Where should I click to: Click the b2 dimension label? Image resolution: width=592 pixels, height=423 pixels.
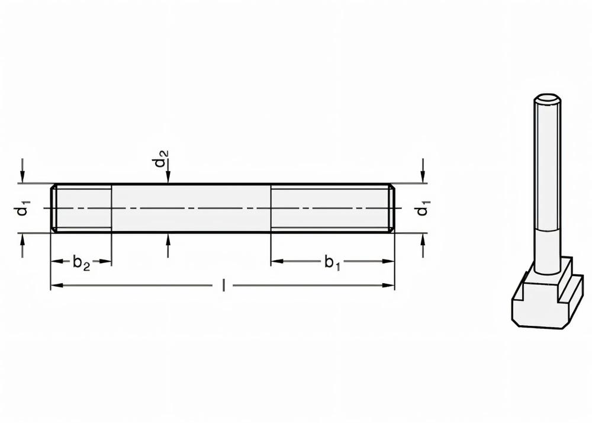coord(82,262)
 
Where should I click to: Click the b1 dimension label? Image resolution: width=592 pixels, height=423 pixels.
coord(333,262)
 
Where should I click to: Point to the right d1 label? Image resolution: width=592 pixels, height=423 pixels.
coord(423,209)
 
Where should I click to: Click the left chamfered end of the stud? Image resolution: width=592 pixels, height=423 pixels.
coord(53,208)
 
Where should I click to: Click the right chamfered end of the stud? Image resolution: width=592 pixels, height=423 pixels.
coord(391,208)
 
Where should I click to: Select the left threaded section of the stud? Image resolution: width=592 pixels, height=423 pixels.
coord(83,208)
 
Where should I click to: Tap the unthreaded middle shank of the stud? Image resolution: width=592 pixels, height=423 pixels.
coord(191,208)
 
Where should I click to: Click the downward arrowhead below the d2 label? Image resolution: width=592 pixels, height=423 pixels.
coord(169,178)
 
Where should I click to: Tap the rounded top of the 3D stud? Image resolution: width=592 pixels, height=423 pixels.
coord(548,98)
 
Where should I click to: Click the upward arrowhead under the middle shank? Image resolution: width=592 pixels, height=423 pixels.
coord(169,238)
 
